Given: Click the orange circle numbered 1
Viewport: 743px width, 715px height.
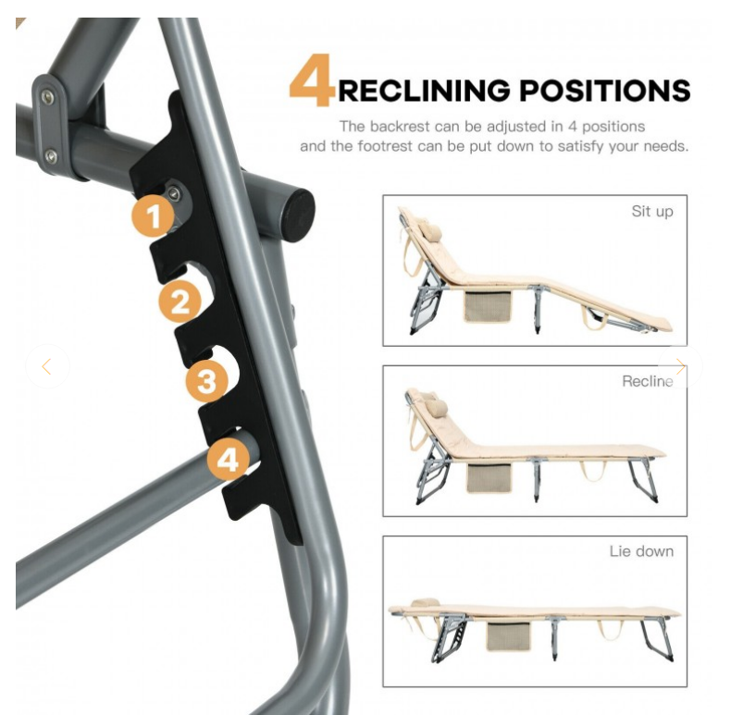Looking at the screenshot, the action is point(153,216).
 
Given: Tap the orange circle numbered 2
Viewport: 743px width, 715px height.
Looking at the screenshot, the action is point(180,302).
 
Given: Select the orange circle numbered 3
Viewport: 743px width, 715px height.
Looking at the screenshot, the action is point(206,380).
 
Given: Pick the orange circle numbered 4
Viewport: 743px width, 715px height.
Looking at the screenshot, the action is point(229,459).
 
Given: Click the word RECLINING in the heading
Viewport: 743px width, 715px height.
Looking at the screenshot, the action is point(424,91).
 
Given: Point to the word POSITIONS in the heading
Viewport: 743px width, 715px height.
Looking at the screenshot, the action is point(605,91).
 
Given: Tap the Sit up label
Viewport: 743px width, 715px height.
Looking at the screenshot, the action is point(652,211).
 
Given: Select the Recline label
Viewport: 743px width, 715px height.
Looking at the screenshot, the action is point(648,381).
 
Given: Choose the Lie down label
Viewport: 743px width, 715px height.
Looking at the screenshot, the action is point(641,551).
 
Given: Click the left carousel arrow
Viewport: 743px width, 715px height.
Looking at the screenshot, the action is point(46,366).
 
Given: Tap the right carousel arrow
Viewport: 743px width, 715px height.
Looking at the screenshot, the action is point(680,366).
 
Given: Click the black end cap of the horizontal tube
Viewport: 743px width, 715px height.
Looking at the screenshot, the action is point(298,215).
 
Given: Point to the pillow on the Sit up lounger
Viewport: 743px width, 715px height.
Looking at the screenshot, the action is point(429,231).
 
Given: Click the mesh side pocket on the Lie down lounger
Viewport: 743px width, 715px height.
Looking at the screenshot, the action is point(508,636).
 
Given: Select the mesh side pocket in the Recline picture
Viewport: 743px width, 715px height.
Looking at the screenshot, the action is point(489,477).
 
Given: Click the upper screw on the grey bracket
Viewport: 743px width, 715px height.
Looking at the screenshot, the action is point(47,97).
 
